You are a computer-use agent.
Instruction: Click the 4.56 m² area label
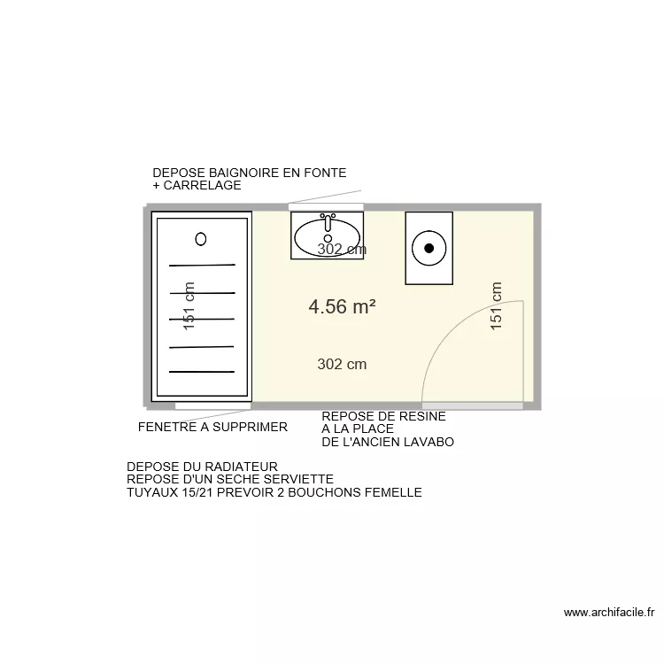(342, 306)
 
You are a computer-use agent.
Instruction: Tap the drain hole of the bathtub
(201, 238)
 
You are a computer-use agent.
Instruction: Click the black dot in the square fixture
(429, 248)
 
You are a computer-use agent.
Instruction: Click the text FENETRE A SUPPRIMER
(212, 427)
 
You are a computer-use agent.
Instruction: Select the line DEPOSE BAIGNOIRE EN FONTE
(249, 173)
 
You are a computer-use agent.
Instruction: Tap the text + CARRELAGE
(197, 186)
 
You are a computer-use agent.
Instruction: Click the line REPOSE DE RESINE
(383, 416)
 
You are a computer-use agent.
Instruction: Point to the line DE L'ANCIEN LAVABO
(388, 442)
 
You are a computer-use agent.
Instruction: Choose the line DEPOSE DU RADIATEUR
(203, 467)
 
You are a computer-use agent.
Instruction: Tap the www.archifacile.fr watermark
(608, 612)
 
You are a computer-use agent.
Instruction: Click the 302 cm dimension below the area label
(342, 364)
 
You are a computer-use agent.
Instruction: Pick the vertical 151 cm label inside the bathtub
(188, 306)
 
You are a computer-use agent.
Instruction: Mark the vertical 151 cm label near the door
(496, 306)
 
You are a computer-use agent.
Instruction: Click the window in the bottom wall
(212, 405)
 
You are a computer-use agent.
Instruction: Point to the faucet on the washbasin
(328, 218)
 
